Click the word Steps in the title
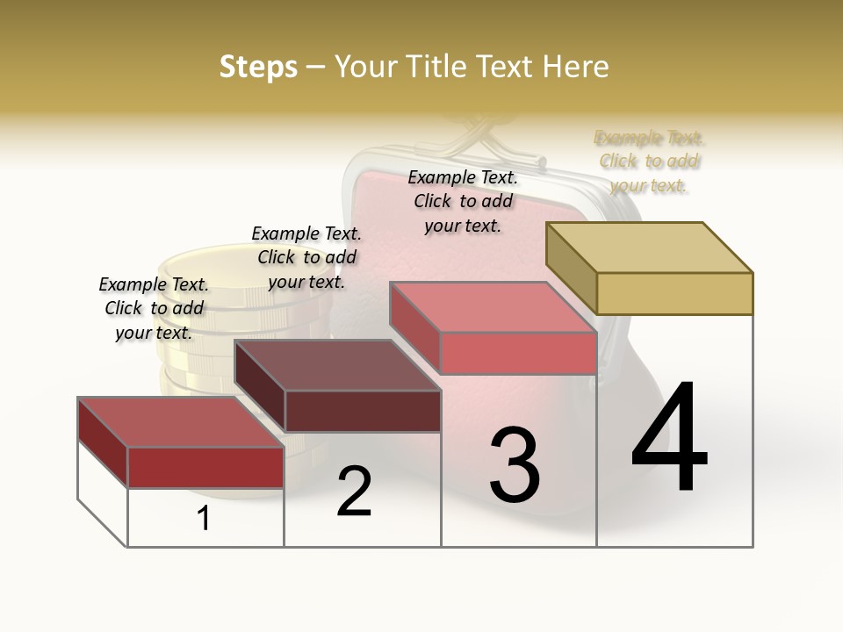point(258,67)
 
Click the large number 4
point(670,439)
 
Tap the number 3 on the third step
point(515,465)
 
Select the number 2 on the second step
point(354,492)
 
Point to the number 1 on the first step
point(204,519)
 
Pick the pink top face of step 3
point(493,307)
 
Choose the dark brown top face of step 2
point(337,364)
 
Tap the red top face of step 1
point(181,421)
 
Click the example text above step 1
point(154,308)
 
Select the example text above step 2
point(306,257)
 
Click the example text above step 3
point(463,201)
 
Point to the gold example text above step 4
point(649,161)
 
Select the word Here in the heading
point(575,67)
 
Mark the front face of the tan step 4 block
point(674,293)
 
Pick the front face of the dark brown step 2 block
point(363,411)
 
